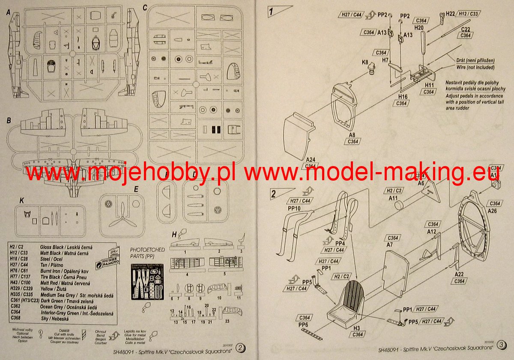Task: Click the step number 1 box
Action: [271, 11]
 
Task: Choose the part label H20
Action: [419, 28]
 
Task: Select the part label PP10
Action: [294, 208]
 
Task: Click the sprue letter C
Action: [145, 7]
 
